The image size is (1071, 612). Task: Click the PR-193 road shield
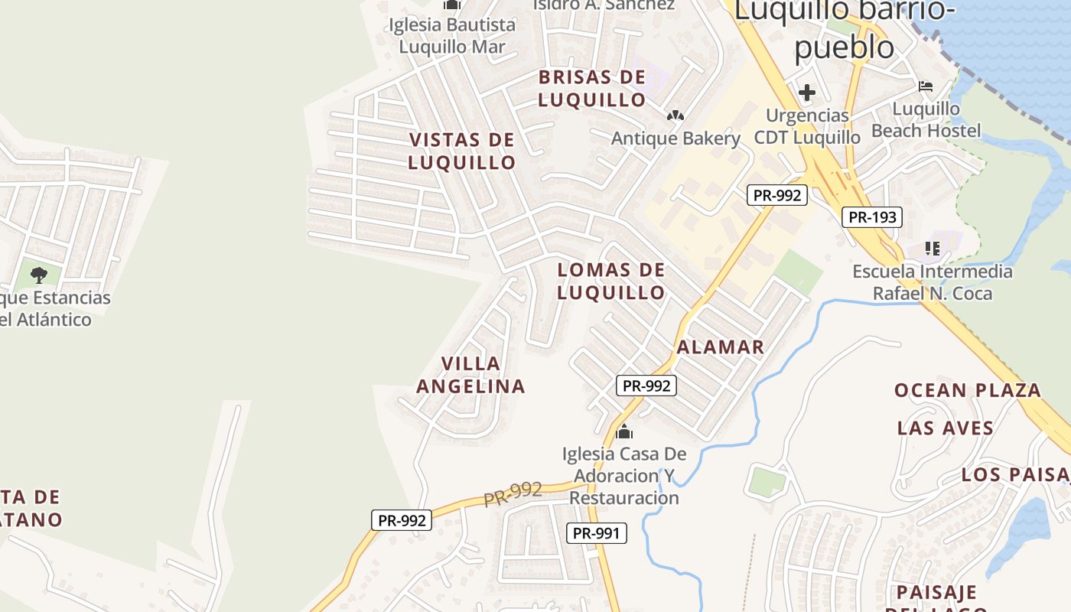[872, 217]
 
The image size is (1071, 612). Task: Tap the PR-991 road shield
[596, 533]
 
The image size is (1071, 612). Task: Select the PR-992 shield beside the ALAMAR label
[646, 386]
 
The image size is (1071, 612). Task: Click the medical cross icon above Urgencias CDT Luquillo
[806, 93]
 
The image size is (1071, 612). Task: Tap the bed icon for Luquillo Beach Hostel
[926, 86]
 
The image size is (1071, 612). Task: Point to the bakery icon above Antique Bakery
[675, 116]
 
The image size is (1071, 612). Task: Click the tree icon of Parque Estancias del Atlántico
[39, 275]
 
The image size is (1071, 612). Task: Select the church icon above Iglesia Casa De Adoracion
[624, 432]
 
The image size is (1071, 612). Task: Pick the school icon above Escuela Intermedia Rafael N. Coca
[932, 248]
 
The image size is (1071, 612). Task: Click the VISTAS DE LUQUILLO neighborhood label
[462, 151]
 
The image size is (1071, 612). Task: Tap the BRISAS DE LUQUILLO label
[592, 89]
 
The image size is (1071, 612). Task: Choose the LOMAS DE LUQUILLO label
[611, 282]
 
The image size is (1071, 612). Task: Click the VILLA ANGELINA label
[471, 375]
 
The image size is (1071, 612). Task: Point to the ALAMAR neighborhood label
[721, 347]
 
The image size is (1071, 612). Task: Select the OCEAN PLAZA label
[968, 390]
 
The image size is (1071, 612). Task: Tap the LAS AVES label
[946, 428]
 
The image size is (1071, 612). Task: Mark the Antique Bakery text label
[675, 138]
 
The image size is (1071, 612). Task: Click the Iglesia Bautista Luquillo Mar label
[452, 35]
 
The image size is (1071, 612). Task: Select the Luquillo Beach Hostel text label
[926, 119]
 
